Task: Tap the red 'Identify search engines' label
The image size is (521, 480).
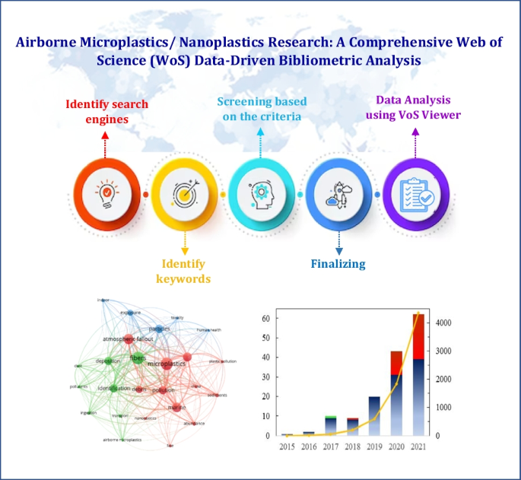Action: point(106,111)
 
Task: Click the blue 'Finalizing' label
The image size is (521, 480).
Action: point(338,264)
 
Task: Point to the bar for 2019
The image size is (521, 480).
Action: point(373,415)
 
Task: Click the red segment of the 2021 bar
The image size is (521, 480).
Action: point(418,335)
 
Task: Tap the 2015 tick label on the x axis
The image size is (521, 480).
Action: point(287,447)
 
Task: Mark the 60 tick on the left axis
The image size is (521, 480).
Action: point(265,317)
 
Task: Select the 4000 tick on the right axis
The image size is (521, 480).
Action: point(446,323)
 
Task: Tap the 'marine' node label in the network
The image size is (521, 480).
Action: point(176,408)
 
